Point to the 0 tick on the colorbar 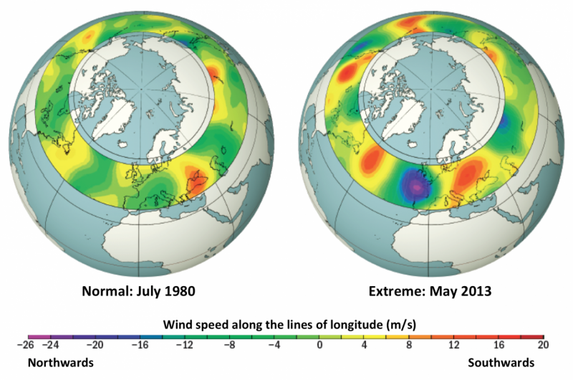(x=319, y=346)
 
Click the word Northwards (x=61, y=363)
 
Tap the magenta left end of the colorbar (x=32, y=336)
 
